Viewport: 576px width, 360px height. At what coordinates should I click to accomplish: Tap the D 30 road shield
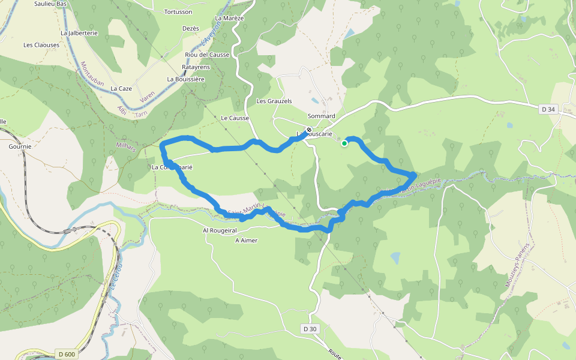click(x=309, y=329)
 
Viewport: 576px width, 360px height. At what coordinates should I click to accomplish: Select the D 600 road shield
click(x=67, y=354)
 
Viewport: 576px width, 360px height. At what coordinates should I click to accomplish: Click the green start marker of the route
click(x=344, y=143)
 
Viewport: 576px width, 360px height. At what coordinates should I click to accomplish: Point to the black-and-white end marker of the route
click(x=309, y=130)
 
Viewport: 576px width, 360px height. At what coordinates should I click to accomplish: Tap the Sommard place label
click(x=321, y=116)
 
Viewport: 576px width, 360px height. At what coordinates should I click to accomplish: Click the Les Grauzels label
click(x=274, y=101)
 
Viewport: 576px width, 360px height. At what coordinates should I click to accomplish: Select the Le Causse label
click(x=235, y=118)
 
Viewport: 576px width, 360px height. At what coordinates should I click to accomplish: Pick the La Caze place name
click(x=121, y=88)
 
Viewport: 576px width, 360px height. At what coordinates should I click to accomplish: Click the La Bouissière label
click(x=186, y=79)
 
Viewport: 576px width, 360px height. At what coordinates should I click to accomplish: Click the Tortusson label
click(x=178, y=11)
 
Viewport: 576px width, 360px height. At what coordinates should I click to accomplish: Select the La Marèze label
click(x=229, y=18)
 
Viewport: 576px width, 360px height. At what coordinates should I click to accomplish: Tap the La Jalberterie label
click(x=79, y=33)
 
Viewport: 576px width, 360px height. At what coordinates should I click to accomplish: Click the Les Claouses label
click(x=41, y=45)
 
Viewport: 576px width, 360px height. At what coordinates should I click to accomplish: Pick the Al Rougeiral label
click(x=220, y=230)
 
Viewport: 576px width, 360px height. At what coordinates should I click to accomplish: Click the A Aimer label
click(x=246, y=240)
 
